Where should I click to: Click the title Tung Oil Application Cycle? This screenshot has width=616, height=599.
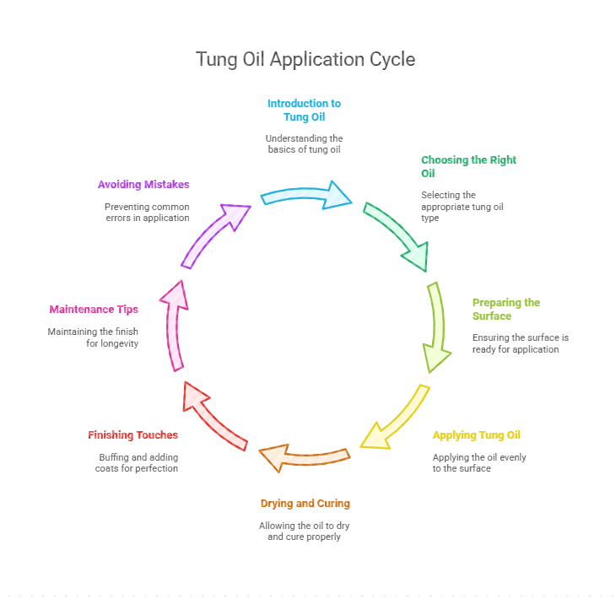point(305,60)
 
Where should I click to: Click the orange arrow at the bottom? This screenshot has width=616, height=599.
point(304,457)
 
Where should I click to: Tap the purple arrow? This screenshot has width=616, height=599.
point(215,234)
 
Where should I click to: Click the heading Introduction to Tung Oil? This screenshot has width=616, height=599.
point(304,110)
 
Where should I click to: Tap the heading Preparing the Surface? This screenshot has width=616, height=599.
point(506,309)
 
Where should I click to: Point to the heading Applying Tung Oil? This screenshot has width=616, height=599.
point(477,435)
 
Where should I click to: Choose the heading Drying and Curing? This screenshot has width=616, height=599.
point(305,503)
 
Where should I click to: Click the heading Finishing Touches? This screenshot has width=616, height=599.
point(132,435)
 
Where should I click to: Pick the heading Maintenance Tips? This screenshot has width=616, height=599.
point(94,309)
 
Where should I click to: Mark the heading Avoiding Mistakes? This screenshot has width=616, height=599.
point(143,184)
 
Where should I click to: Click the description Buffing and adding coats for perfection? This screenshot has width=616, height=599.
point(136,462)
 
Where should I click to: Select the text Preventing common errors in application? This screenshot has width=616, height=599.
point(147,212)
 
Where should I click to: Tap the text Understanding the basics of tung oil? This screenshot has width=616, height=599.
point(304,143)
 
